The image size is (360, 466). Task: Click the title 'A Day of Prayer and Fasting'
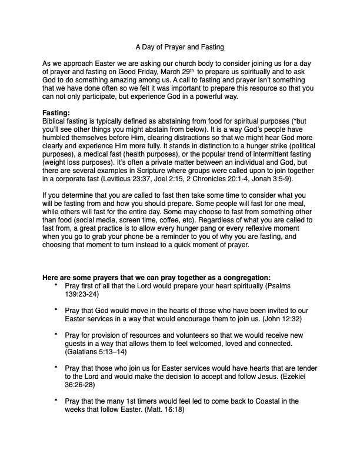179,46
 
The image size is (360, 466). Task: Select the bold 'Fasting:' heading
57,112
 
